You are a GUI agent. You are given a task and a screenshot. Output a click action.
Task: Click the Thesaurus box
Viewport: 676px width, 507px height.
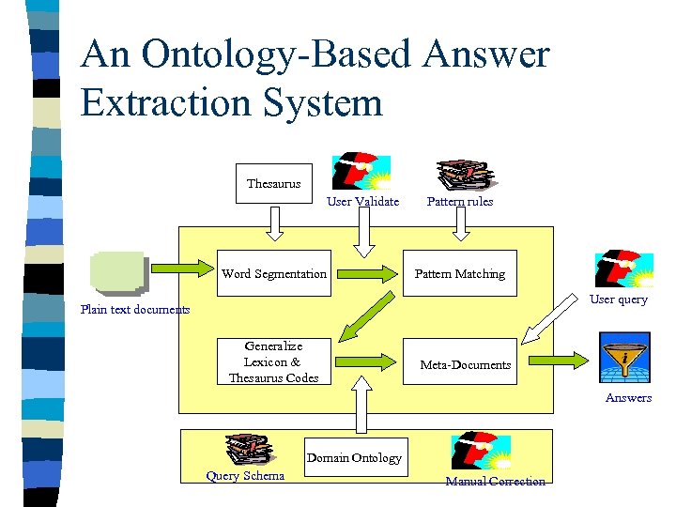273,184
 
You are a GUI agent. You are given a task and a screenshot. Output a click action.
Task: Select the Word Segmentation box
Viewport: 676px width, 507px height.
274,273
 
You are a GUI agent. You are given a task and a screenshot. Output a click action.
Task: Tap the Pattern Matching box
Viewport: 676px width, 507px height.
460,273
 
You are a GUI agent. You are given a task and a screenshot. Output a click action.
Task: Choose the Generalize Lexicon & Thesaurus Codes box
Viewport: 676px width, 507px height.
273,362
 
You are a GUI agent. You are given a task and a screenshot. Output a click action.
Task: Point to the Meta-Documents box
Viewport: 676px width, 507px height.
465,363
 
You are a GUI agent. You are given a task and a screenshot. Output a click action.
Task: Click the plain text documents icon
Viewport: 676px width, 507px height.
118,272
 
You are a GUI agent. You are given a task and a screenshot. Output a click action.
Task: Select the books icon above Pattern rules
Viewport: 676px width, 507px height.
462,174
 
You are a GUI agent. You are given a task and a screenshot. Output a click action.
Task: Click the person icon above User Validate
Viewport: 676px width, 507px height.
361,171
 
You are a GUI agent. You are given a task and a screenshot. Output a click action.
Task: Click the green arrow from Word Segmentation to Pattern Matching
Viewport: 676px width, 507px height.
367,273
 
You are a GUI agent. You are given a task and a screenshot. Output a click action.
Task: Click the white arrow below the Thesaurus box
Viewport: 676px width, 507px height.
273,223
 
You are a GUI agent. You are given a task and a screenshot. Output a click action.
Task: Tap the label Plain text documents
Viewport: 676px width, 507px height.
135,309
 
